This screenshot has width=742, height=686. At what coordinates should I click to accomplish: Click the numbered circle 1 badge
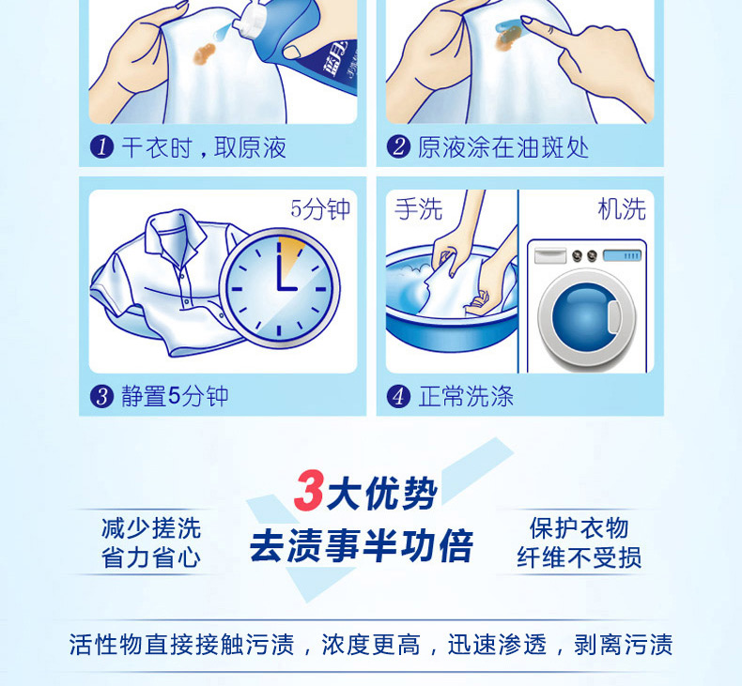click(101, 147)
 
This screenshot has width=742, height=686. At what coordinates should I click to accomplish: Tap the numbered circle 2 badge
click(398, 147)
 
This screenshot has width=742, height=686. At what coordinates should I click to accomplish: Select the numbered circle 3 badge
click(101, 396)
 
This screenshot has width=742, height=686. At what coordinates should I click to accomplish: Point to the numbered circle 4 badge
click(398, 396)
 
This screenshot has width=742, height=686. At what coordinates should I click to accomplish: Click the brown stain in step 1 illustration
click(205, 53)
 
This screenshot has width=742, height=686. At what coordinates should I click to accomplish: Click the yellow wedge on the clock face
click(288, 253)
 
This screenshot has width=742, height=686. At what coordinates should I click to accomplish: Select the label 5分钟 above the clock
click(320, 208)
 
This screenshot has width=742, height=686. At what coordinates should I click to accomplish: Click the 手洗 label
click(418, 208)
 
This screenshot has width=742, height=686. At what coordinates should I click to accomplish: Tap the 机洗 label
click(622, 208)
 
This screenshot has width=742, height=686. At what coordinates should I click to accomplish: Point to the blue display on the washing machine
click(623, 256)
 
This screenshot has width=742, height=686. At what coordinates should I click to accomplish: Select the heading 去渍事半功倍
click(361, 546)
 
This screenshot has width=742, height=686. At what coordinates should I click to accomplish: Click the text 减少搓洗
click(151, 528)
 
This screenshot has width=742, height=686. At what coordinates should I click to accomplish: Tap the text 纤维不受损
click(579, 557)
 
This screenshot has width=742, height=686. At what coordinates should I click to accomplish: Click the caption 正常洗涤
click(466, 396)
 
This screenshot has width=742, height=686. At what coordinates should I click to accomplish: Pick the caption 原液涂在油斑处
click(503, 147)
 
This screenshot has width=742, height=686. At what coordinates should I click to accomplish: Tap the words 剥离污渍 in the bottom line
click(623, 645)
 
